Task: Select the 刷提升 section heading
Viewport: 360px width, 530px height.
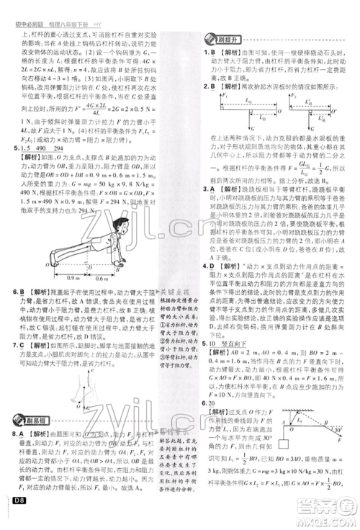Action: [x=221, y=40]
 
